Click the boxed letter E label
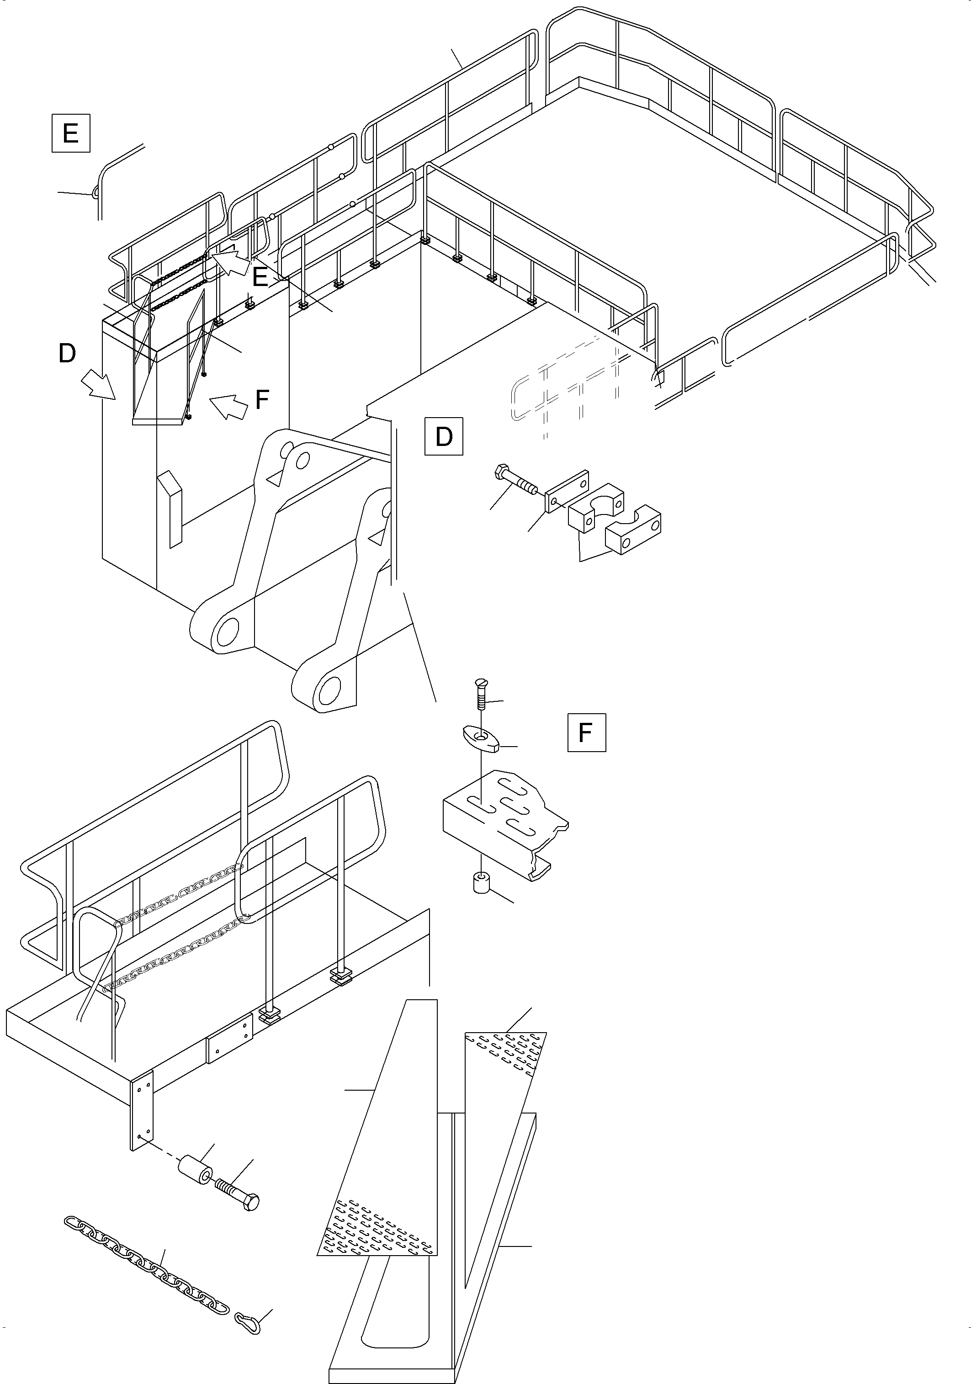coord(70,132)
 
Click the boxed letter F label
coord(586,732)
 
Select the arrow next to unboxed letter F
coord(230,406)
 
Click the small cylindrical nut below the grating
coord(480,883)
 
